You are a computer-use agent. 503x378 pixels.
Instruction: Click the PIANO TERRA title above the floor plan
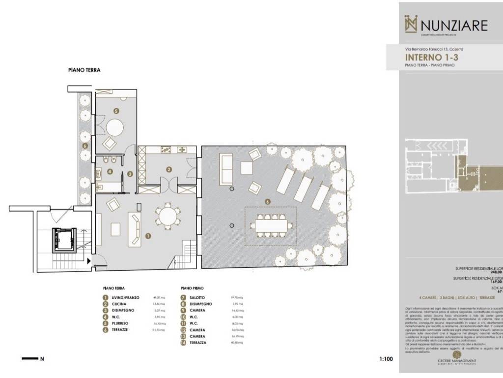tap(84, 70)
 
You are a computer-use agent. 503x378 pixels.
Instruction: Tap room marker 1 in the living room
tap(148, 236)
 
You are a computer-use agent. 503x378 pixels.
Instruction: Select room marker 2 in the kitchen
tap(169, 169)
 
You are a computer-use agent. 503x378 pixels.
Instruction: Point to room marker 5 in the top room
tap(116, 111)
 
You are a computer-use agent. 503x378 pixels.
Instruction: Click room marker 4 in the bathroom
tap(110, 172)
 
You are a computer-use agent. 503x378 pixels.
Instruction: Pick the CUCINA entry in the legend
tap(120, 304)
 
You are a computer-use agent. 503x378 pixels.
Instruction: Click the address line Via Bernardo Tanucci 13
tap(434, 49)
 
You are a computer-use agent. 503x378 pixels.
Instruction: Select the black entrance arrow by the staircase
tap(89, 261)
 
